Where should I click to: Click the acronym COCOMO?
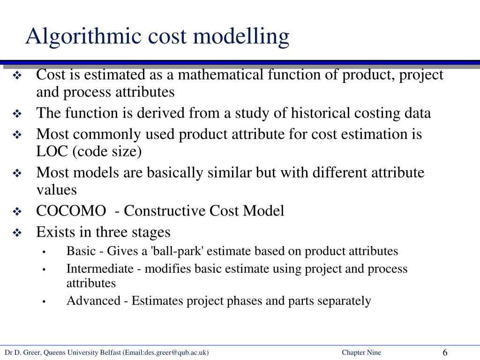[71, 211]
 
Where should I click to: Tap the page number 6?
[445, 353]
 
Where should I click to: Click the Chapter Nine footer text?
[361, 353]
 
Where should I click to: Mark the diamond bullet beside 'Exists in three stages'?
[17, 232]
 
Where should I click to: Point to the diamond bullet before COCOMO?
[17, 211]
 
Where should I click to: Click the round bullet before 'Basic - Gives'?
[43, 252]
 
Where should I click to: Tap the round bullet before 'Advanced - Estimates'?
[43, 301]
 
